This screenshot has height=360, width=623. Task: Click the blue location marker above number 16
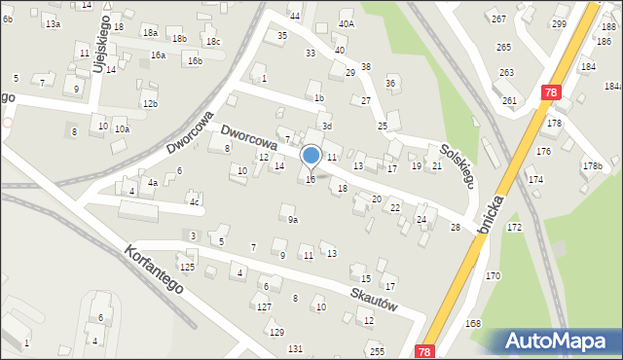(311, 156)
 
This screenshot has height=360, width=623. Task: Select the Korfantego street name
(154, 270)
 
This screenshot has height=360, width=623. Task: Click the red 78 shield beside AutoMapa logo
(423, 351)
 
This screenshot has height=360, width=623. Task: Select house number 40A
(347, 23)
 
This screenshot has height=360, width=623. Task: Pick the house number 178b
(592, 166)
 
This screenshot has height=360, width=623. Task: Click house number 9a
(292, 220)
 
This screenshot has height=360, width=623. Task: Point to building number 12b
(149, 103)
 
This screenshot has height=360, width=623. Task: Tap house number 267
(498, 19)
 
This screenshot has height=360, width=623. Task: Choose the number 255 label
(377, 351)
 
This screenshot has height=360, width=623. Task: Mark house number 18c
(212, 41)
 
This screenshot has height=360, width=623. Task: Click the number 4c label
(195, 202)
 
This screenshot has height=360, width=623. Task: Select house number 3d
(328, 126)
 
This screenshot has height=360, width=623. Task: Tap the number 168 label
(473, 323)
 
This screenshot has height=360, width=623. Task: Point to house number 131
(295, 348)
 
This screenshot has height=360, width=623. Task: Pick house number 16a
(158, 55)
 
